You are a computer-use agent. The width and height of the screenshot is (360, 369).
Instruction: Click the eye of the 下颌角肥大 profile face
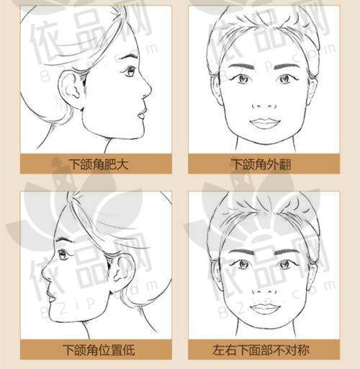tap(129, 71)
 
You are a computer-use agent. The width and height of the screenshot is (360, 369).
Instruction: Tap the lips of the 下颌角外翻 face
tap(264, 123)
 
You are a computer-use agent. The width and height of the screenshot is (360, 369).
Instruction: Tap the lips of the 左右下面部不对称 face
tap(264, 308)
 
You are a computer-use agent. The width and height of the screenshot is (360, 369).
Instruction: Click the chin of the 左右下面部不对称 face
tap(264, 328)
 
